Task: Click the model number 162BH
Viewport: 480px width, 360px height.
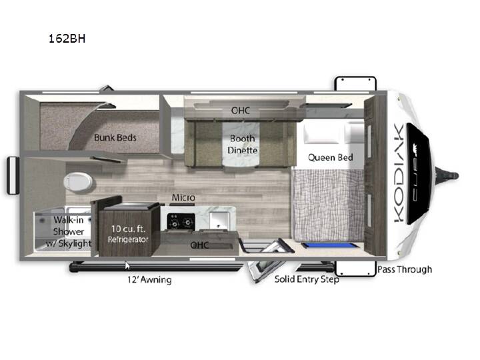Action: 67,39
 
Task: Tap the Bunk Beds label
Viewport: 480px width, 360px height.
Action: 115,138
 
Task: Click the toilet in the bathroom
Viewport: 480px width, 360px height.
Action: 78,182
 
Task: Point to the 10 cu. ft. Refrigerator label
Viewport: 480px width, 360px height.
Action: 128,234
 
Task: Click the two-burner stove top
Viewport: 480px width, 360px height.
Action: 181,222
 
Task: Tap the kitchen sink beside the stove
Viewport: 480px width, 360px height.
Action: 220,221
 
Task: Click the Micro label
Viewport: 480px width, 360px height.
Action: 183,198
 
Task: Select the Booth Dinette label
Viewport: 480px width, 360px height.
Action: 243,145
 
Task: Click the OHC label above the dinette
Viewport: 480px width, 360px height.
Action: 241,111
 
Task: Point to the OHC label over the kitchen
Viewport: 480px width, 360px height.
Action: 199,245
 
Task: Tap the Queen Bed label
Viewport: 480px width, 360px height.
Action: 331,157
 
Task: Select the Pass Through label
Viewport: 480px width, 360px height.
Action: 405,269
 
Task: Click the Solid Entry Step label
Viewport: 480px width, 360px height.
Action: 307,279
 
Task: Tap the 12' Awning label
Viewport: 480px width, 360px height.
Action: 149,279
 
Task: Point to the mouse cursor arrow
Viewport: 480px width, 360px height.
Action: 127,266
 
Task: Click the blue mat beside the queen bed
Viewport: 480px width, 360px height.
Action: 330,245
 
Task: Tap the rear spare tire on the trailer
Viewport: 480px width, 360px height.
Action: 13,175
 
